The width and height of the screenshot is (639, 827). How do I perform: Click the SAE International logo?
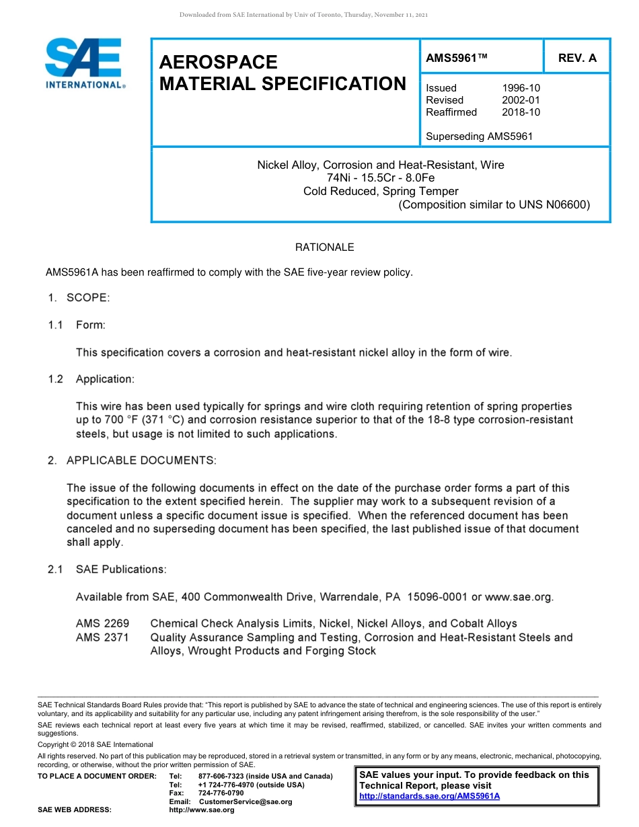click(84, 63)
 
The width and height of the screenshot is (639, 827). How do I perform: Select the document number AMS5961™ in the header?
click(456, 58)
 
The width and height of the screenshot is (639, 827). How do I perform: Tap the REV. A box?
click(577, 58)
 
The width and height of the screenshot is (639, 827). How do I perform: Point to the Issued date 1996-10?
click(521, 88)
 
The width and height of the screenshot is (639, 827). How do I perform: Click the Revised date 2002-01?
click(521, 100)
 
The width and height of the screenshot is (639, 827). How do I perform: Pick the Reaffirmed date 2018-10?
click(521, 112)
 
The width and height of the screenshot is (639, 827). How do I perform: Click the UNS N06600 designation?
click(554, 205)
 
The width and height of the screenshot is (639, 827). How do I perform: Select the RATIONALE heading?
click(324, 247)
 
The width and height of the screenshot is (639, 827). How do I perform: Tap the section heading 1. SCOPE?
click(79, 298)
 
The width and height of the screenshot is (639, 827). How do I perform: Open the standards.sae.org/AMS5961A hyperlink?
click(429, 796)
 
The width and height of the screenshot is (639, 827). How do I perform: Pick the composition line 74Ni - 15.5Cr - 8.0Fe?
click(381, 178)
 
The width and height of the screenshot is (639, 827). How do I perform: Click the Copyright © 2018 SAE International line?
click(96, 744)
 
